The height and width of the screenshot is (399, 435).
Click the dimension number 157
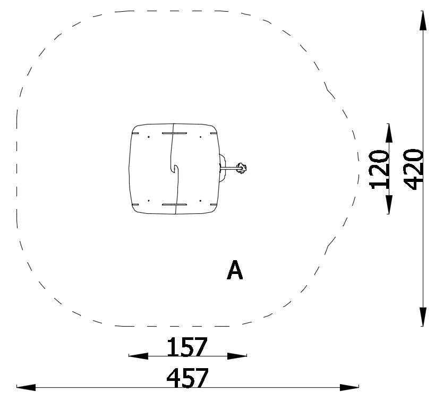coord(187,347)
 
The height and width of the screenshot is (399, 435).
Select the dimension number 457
coord(187,378)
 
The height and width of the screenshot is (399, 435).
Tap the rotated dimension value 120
coord(379,170)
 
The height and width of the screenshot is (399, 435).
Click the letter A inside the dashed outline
coord(235,270)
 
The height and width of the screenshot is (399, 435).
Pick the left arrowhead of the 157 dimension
coord(139,356)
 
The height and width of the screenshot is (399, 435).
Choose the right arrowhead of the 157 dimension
coord(237,356)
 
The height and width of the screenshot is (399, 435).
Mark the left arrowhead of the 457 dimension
coord(26,387)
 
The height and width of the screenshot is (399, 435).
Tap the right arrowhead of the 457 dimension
coord(349,387)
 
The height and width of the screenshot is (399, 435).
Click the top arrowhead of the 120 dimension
coord(389,134)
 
